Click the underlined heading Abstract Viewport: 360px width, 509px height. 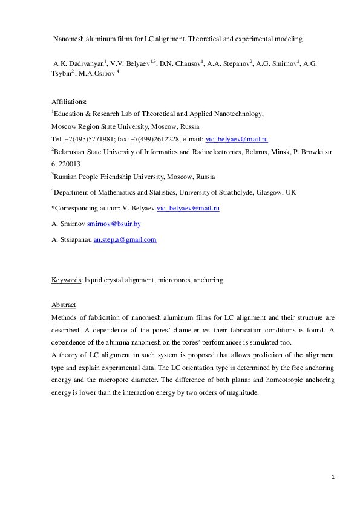64,305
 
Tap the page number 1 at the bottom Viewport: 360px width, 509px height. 333,478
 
